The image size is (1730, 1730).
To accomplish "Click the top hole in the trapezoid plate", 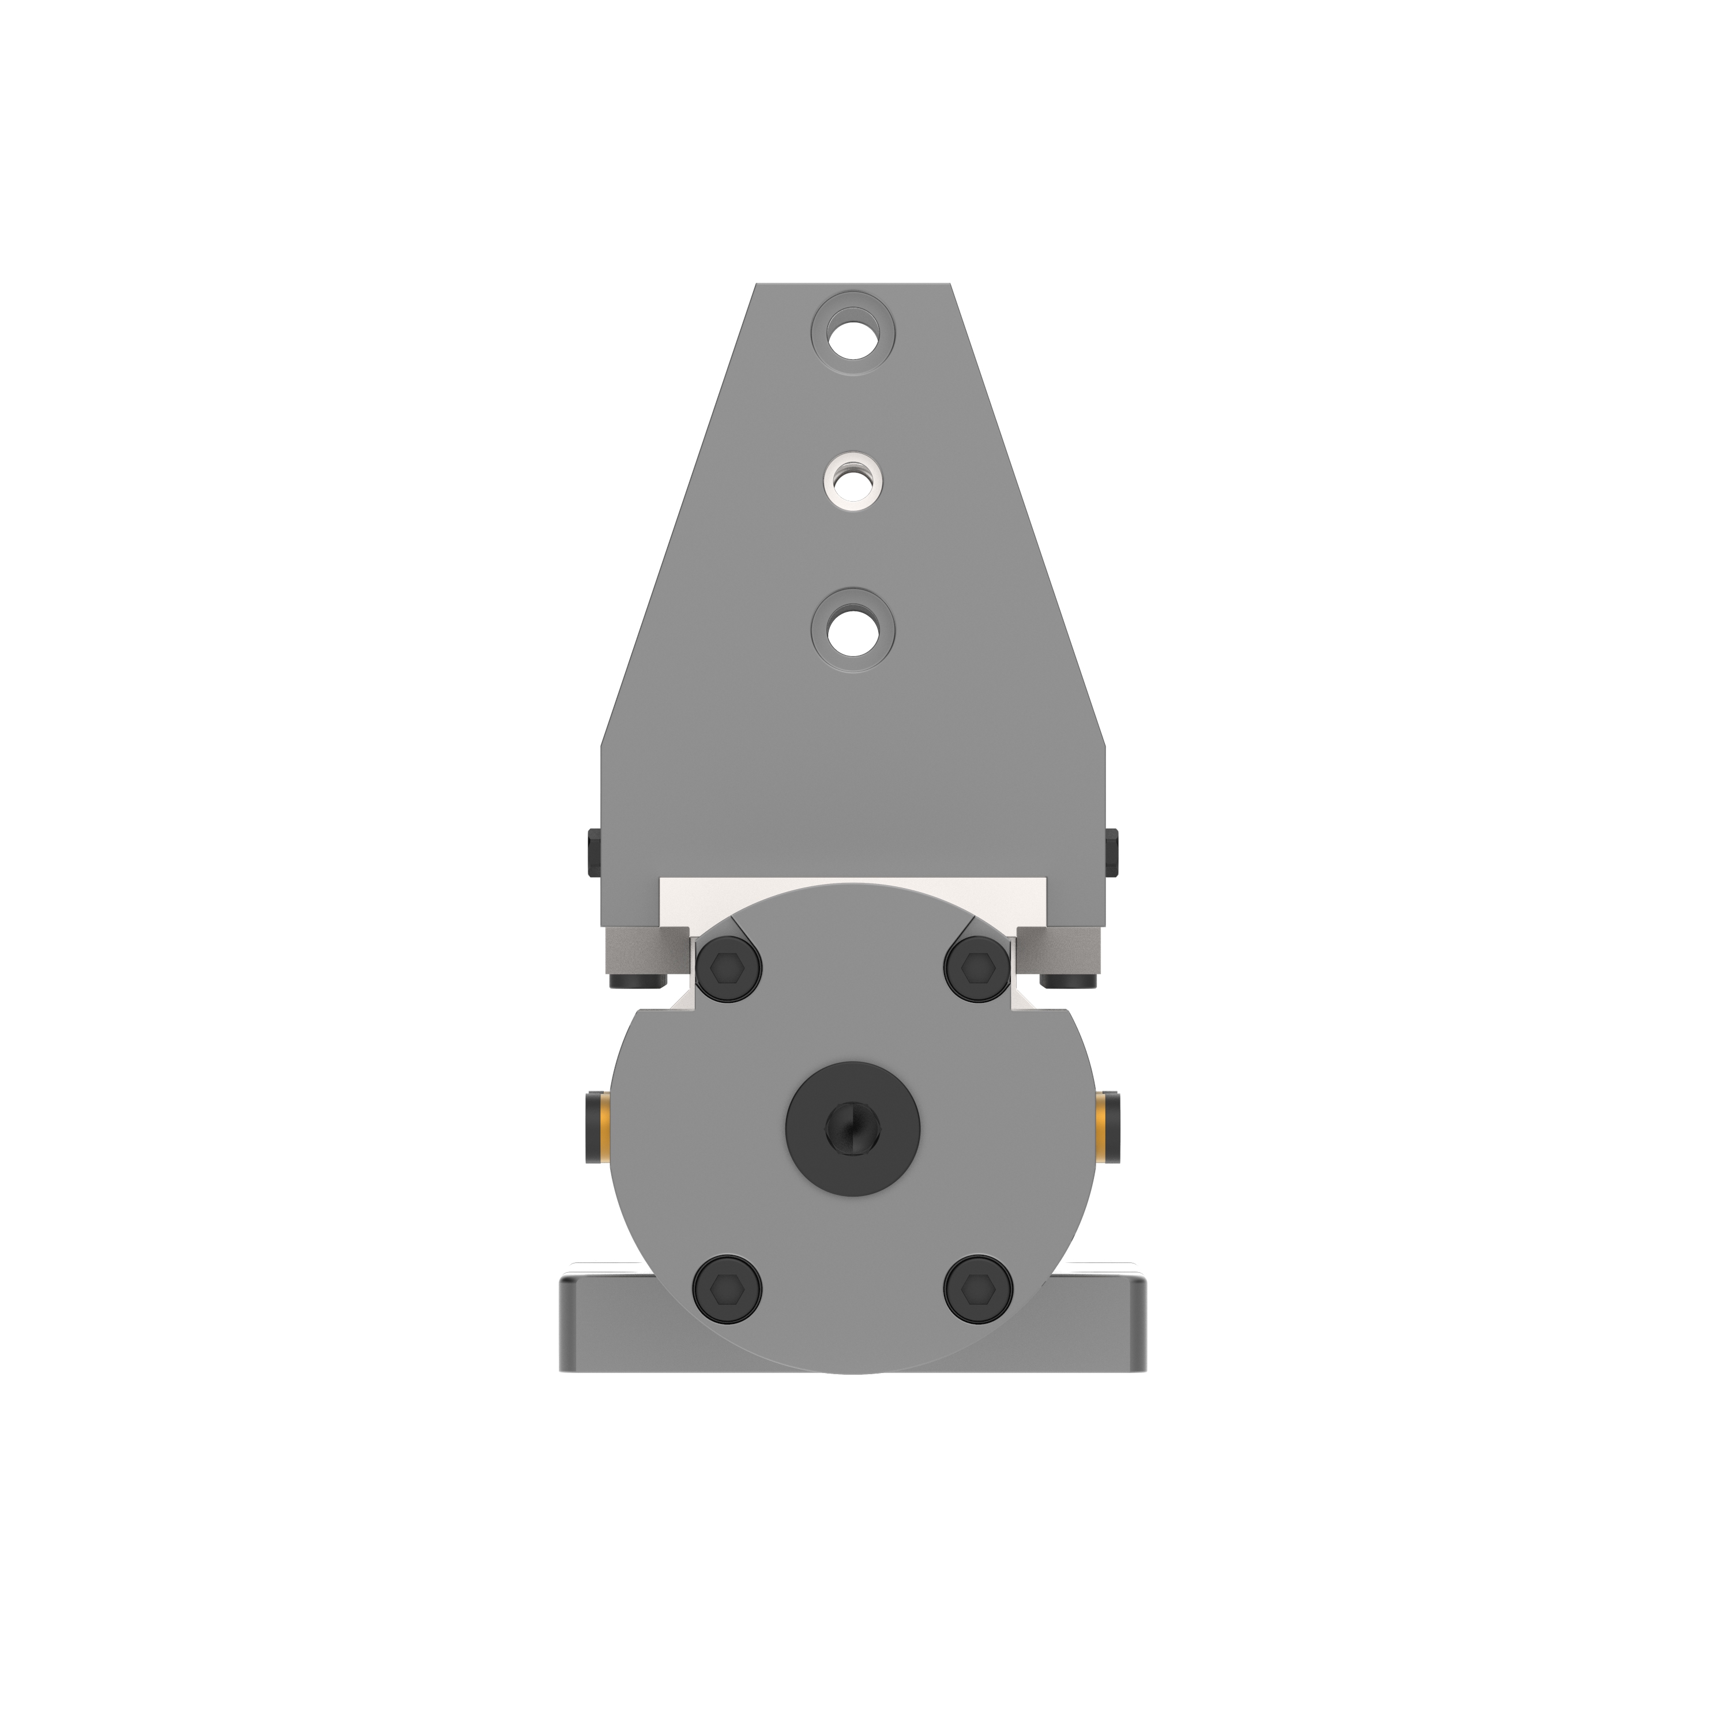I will coord(852,333).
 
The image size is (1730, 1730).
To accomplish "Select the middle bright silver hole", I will coord(851,481).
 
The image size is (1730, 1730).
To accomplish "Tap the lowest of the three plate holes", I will coord(852,630).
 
